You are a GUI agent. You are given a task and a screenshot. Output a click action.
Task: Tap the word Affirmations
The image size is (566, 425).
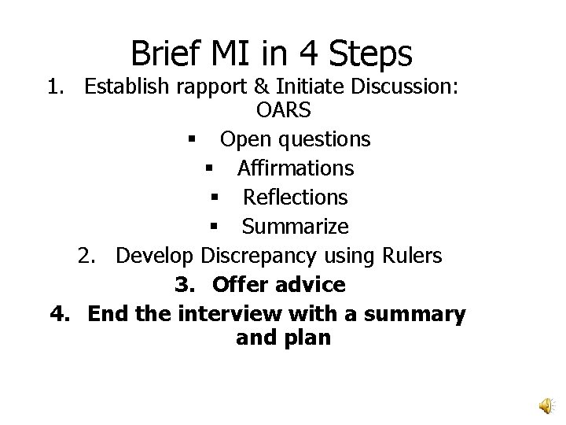click(x=295, y=168)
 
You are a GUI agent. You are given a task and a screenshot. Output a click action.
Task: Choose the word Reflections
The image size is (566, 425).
click(x=295, y=198)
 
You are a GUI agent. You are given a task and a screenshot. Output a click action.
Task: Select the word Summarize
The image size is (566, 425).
click(x=295, y=227)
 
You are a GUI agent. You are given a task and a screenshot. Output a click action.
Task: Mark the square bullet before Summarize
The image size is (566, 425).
click(x=213, y=227)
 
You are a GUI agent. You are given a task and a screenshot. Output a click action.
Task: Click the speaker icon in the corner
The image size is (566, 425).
click(x=544, y=404)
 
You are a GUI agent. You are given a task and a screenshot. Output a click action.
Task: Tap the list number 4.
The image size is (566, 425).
click(x=59, y=313)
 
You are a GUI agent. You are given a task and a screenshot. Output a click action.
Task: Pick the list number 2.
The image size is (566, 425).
click(x=86, y=256)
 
